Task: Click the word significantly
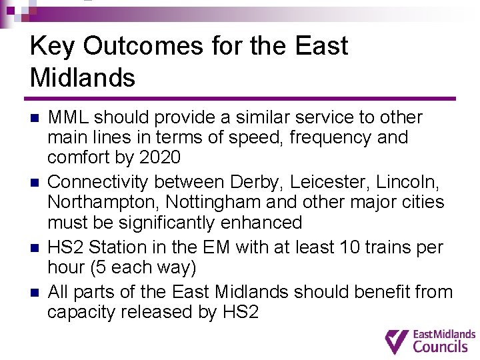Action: point(160,223)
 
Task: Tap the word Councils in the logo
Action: point(440,346)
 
